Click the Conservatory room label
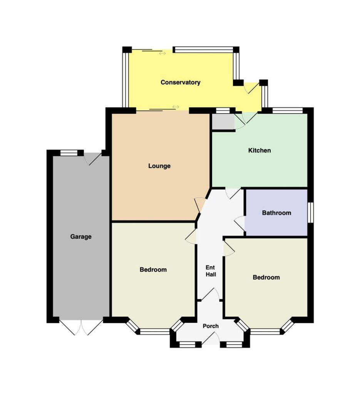pos(180,82)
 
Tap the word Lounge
pos(159,166)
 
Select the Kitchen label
pos(260,150)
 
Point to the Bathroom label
pos(276,213)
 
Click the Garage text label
pos(81,237)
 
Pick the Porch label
pos(211,326)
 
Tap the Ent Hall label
pos(211,271)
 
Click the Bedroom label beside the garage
pos(153,270)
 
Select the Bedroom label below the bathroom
pos(266,277)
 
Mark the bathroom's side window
pos(311,212)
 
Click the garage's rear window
pos(69,153)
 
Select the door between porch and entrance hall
pos(211,294)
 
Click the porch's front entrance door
pos(211,338)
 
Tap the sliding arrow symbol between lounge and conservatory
pos(176,107)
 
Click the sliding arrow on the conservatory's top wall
pos(162,53)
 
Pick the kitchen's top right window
pos(288,110)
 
